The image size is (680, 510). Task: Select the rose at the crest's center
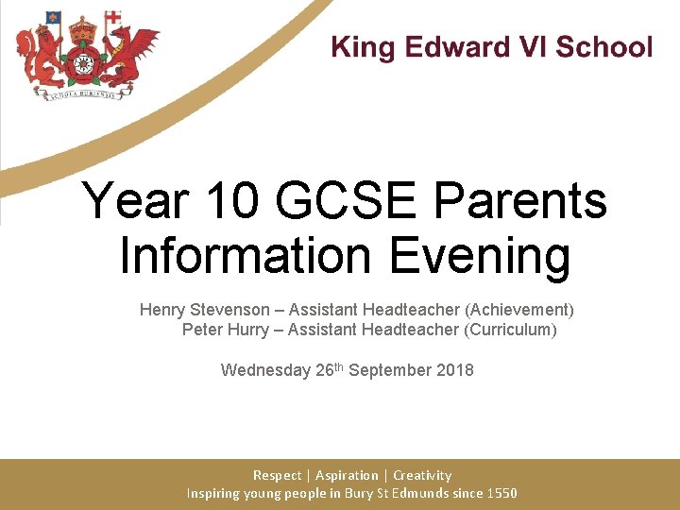(x=83, y=63)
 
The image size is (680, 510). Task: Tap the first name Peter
(x=202, y=330)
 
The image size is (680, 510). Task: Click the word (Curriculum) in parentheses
(x=510, y=330)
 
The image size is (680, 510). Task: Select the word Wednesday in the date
(x=265, y=370)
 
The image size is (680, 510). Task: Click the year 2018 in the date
(x=455, y=370)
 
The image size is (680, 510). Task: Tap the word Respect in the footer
(x=277, y=475)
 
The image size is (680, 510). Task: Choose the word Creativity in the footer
(x=422, y=475)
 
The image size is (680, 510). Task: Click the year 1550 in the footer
(x=500, y=493)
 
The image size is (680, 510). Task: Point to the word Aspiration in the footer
(x=347, y=475)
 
